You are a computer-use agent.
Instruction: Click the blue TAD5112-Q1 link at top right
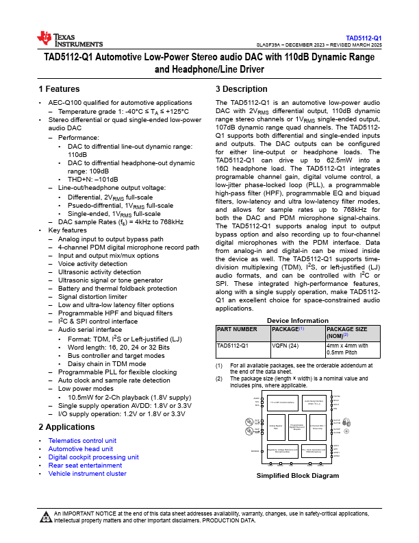click(x=363, y=38)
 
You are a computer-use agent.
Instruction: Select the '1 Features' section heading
click(x=59, y=89)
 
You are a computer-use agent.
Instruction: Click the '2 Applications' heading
click(x=67, y=427)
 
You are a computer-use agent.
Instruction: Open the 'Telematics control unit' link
click(x=81, y=440)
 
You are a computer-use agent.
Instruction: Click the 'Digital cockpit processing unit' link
click(x=93, y=457)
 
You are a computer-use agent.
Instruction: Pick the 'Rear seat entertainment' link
click(x=85, y=465)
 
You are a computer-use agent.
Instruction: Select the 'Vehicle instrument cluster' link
click(x=87, y=473)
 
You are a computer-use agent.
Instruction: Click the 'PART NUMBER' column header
click(x=237, y=330)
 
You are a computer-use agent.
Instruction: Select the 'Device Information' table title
click(x=297, y=320)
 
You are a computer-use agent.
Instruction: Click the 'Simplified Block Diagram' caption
click(x=297, y=476)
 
